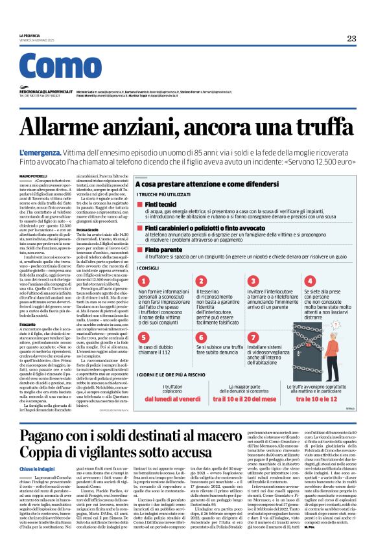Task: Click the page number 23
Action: (x=351, y=39)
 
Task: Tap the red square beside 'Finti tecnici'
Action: (x=139, y=204)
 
